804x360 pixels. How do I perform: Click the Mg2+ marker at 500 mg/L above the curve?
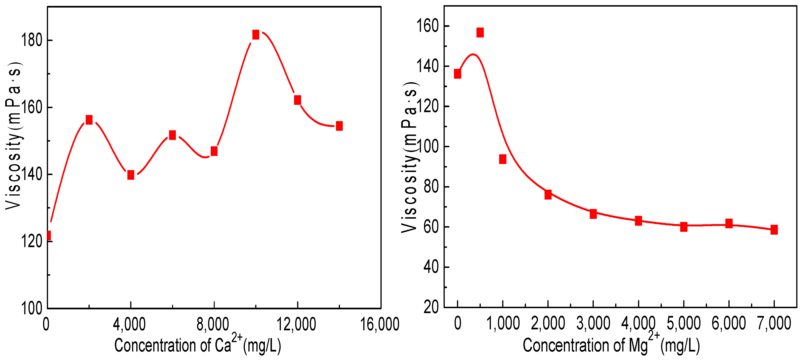480,33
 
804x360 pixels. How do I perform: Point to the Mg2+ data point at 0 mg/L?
457,74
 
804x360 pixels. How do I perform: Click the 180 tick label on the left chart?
32,40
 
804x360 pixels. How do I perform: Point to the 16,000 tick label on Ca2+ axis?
380,324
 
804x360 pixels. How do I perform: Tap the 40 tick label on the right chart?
431,267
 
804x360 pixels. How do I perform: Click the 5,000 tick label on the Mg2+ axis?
683,323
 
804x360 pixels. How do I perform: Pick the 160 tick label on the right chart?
428,26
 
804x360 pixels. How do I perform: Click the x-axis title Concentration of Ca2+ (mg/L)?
198,345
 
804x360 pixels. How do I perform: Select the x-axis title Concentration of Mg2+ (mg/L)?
611,345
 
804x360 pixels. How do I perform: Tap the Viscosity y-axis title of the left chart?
13,135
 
